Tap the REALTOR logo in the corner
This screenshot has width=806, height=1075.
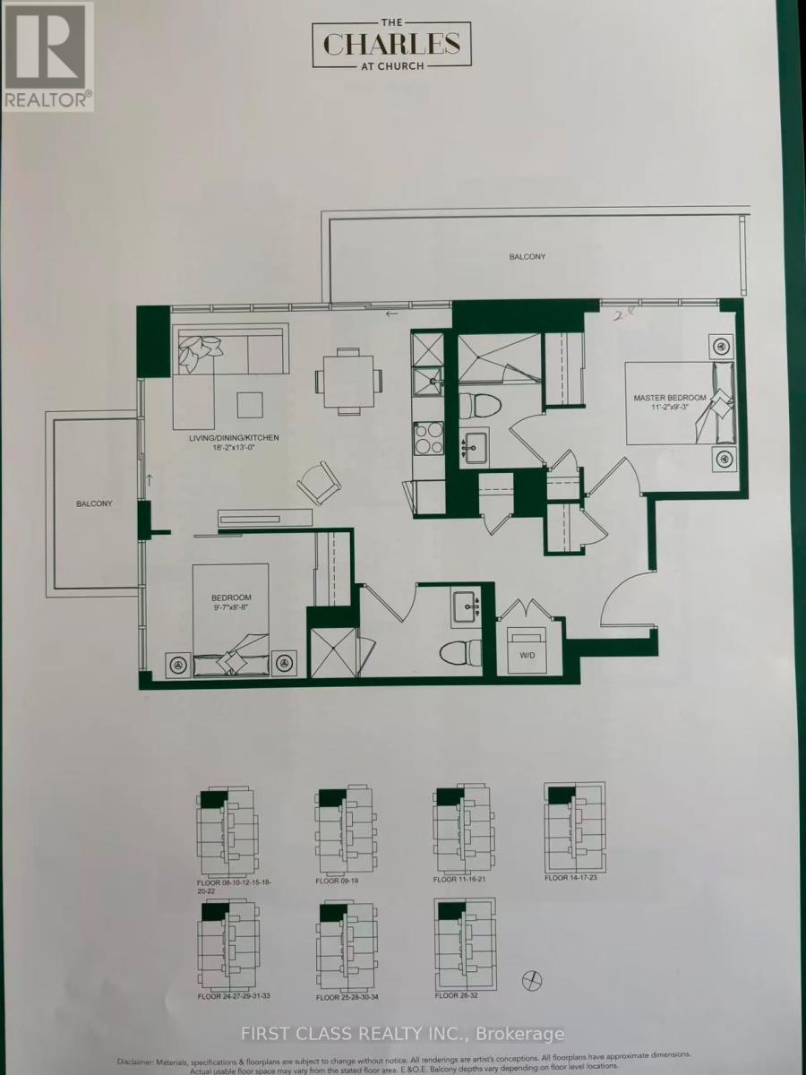47,56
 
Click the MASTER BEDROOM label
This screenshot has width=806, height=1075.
670,398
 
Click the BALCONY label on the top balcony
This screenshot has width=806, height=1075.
527,257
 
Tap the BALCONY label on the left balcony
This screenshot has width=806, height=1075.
94,503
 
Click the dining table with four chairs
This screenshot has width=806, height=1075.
348,380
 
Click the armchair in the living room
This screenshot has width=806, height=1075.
319,484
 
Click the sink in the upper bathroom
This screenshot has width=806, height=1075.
474,444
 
